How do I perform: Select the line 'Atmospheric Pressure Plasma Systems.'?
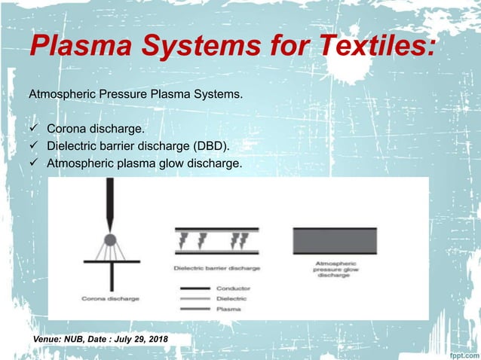[x=136, y=96]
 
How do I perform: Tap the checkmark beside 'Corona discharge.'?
[x=33, y=128]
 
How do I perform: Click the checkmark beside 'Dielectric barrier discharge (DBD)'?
[x=33, y=145]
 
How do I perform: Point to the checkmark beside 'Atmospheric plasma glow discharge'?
[x=33, y=161]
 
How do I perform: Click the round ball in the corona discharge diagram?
[x=109, y=240]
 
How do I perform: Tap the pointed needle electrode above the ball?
[x=109, y=203]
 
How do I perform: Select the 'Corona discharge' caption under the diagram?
[x=111, y=299]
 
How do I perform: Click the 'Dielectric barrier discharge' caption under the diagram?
[x=217, y=267]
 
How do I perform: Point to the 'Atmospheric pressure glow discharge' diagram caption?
[x=334, y=270]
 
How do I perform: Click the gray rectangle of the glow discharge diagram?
[x=334, y=242]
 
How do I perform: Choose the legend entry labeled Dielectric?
[x=232, y=298]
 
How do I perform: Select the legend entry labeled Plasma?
[x=228, y=308]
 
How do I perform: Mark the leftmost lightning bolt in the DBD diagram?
[x=184, y=240]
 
